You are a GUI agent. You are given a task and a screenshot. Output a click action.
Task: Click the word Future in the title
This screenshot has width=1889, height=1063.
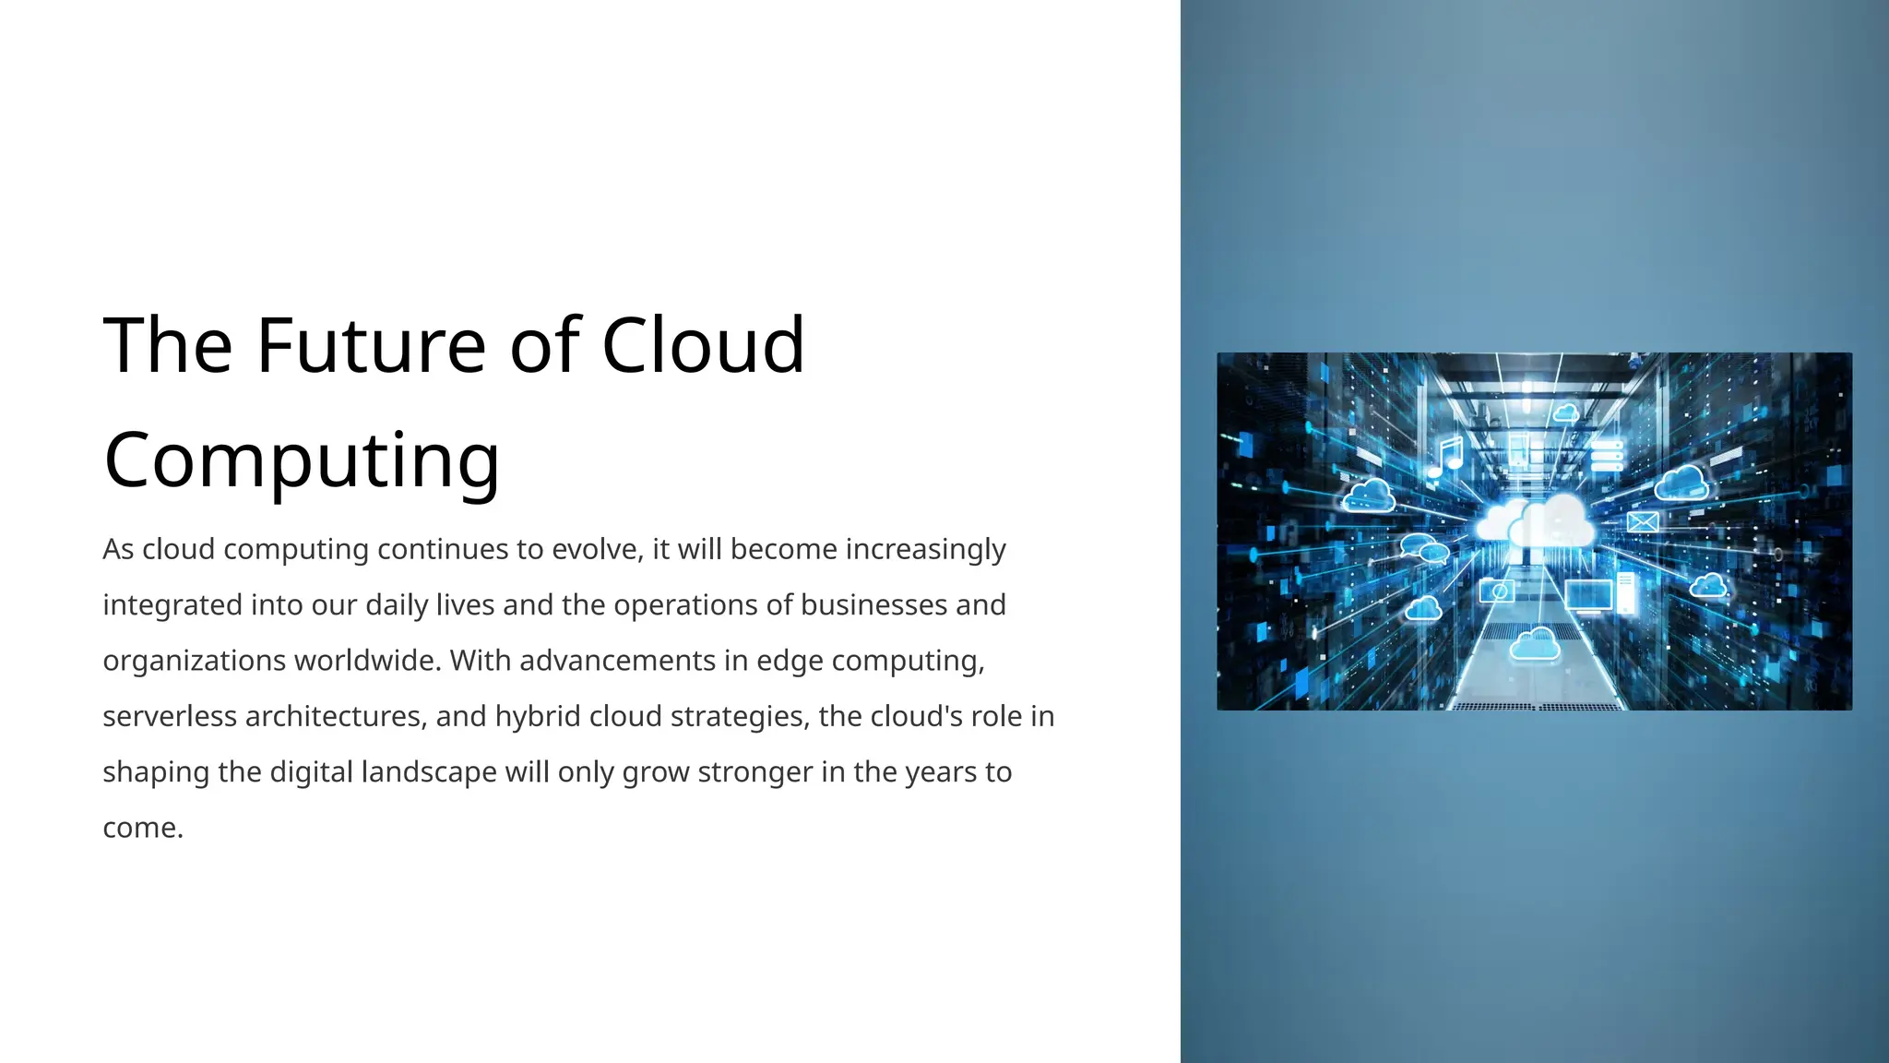371,345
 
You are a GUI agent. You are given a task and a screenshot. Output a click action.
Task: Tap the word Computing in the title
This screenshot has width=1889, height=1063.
302,460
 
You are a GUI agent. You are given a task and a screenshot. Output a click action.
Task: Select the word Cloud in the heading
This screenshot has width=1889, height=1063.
703,345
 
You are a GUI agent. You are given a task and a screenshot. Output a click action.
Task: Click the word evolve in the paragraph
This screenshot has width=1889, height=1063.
595,549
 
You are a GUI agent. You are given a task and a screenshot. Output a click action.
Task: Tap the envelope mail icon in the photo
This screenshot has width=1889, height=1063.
1642,522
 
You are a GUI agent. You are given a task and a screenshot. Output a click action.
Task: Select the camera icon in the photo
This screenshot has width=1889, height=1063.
1496,591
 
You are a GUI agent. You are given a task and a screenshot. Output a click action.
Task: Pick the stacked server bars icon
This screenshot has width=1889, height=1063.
1606,455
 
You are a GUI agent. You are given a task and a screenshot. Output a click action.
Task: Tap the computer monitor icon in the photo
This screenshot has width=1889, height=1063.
1588,596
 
